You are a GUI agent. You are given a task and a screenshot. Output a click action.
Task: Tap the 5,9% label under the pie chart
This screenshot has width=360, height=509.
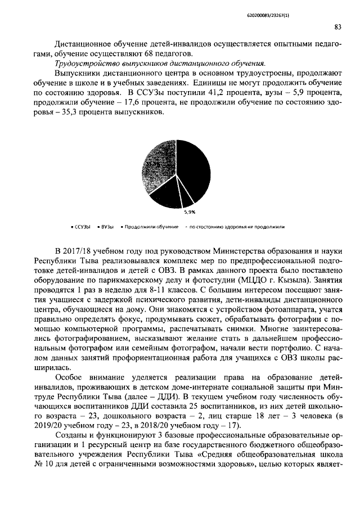tap(190, 212)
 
